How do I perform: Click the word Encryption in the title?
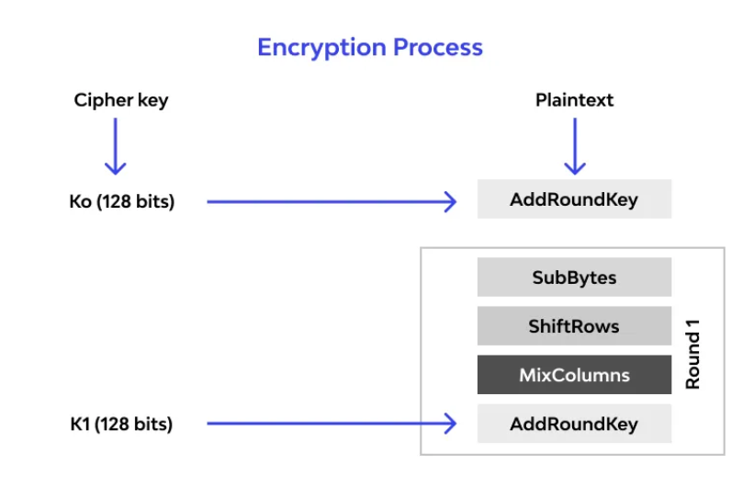point(321,48)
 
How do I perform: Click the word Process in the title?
point(438,47)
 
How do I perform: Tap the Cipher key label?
point(121,100)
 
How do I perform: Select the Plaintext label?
point(574,100)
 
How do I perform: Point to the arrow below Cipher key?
point(115,146)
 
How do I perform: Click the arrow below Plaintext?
point(575,146)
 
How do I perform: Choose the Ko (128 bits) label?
point(122,201)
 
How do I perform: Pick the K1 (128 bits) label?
point(121,424)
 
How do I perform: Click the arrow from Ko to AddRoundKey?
point(332,201)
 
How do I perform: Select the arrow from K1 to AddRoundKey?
point(332,424)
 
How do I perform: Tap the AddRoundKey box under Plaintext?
point(574,199)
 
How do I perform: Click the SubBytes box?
point(574,277)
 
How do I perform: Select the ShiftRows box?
point(574,326)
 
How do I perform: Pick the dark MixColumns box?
point(574,375)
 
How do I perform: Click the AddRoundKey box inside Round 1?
point(574,424)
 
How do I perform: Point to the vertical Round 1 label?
point(692,355)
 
